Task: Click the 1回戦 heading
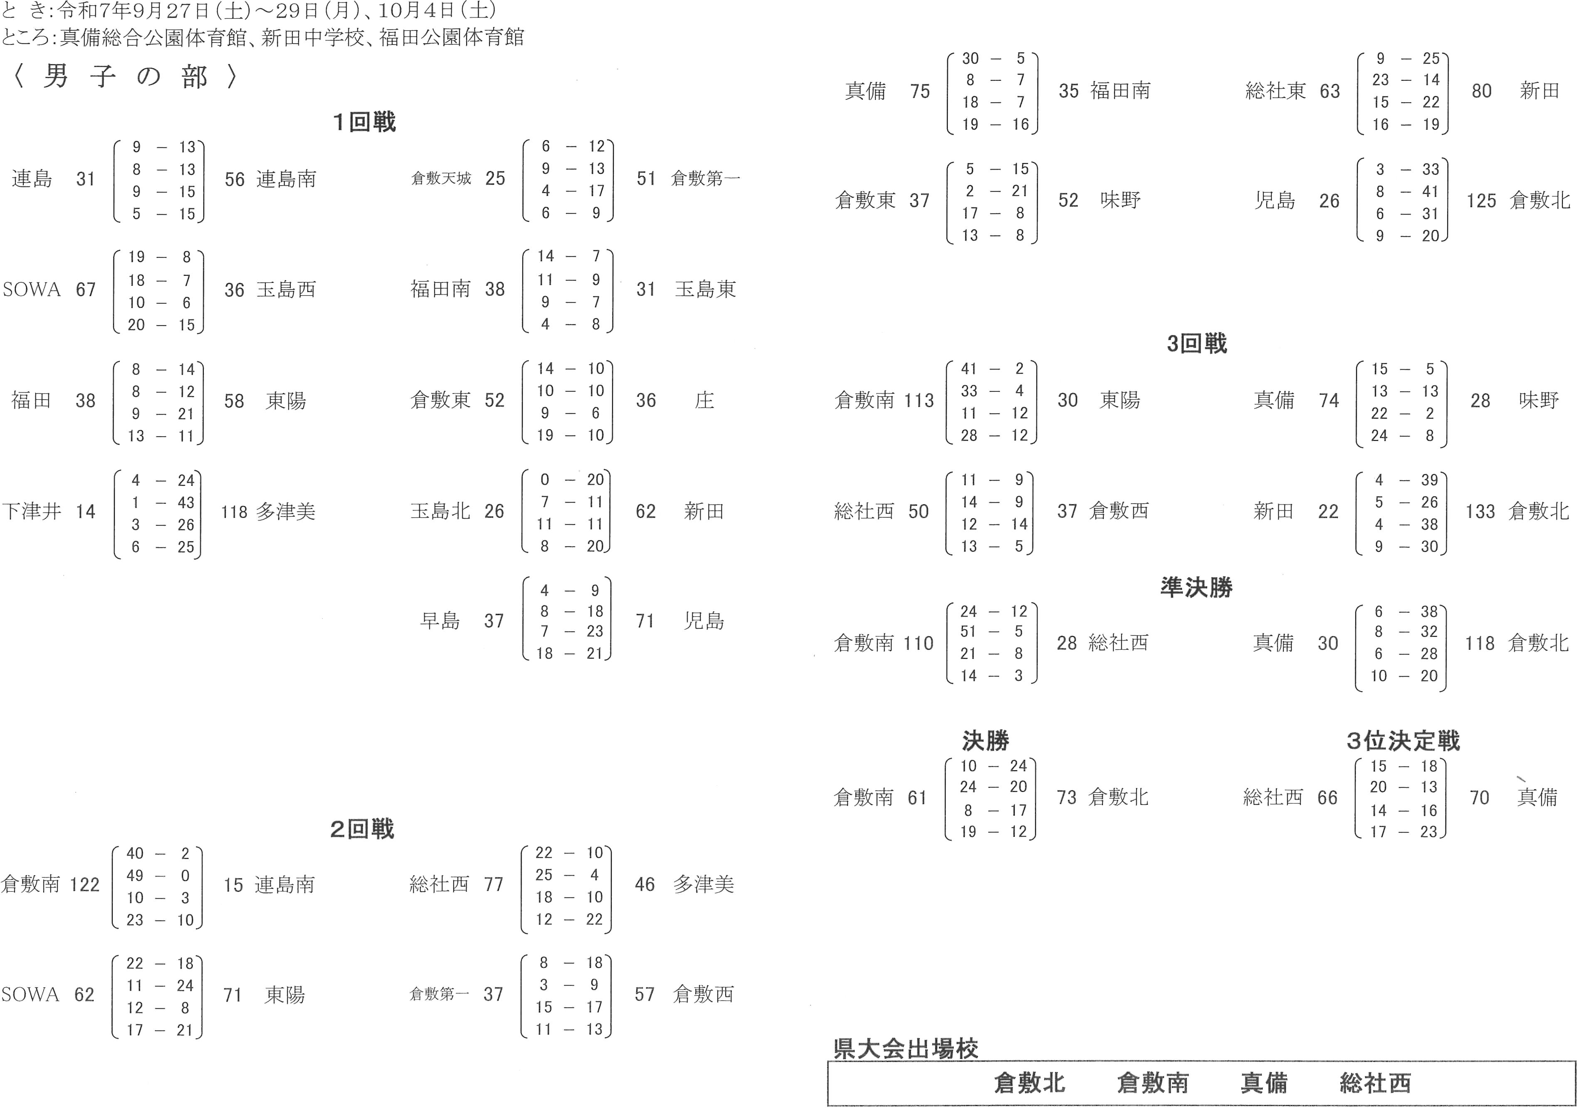(364, 123)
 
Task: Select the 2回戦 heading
(363, 830)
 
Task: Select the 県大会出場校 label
(904, 1048)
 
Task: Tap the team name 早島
(440, 622)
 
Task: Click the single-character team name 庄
(704, 401)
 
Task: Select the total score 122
(84, 884)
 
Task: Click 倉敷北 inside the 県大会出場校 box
(1028, 1083)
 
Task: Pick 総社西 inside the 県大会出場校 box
(1374, 1083)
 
